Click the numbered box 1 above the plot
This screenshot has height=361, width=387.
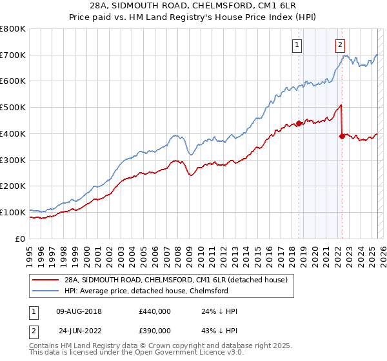297,45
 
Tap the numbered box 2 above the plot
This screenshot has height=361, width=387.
340,45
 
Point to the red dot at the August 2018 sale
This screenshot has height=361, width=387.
299,123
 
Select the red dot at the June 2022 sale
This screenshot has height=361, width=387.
342,136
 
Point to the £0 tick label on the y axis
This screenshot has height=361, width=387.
21,239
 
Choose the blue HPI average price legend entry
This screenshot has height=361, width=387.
146,291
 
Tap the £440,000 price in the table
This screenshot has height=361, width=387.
155,311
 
